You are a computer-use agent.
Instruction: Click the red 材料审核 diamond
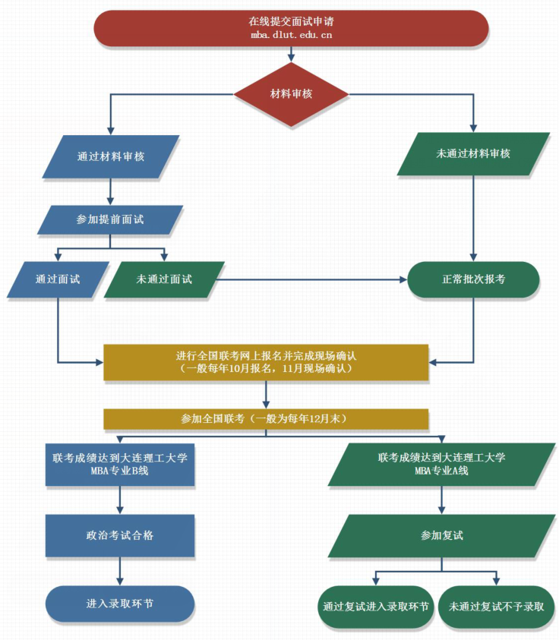click(291, 94)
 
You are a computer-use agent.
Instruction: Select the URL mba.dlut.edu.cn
click(291, 35)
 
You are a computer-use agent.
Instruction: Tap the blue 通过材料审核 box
click(111, 156)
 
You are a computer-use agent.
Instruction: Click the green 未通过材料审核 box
click(473, 154)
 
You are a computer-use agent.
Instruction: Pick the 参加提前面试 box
click(110, 219)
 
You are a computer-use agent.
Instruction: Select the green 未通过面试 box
click(164, 279)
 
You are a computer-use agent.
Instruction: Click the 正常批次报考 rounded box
click(473, 279)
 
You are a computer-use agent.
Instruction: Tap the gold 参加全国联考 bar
click(266, 418)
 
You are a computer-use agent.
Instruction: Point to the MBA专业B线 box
click(120, 464)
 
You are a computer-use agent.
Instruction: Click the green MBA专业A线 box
click(442, 464)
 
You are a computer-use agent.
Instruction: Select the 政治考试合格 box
click(120, 535)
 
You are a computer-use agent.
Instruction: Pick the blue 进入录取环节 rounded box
click(120, 604)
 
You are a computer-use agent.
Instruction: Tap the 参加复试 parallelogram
click(442, 535)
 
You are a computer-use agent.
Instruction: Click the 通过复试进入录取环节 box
click(375, 607)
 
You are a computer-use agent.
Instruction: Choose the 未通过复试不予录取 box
click(497, 607)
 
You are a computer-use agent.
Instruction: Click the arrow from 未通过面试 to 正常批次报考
click(311, 279)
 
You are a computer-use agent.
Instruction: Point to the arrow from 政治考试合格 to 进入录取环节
click(120, 571)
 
